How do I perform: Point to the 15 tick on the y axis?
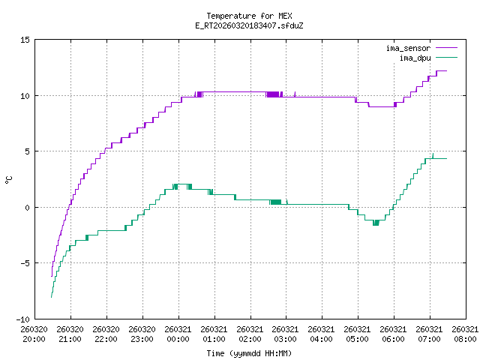coord(25,40)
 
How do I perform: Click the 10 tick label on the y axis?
coord(25,95)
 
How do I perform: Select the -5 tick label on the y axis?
coord(25,262)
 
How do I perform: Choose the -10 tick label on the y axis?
coord(22,319)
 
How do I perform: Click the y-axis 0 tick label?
coord(27,207)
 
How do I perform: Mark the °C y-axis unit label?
coord(8,179)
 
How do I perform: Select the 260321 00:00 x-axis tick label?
coord(178,334)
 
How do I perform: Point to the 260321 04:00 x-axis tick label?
coord(321,334)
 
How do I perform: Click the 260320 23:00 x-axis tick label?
coord(142,334)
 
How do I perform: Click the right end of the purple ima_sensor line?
coord(446,70)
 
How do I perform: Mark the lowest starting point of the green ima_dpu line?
coord(51,298)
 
